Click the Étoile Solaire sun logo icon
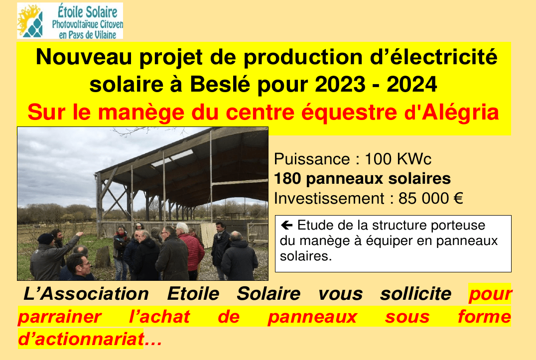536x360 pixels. [x=30, y=21]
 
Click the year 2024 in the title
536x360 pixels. [x=411, y=84]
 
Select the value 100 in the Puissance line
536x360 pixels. [x=378, y=159]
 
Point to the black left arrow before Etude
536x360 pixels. [x=286, y=225]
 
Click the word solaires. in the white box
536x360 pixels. [x=305, y=256]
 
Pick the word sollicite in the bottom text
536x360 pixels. [x=415, y=294]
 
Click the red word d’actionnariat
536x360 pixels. [x=81, y=339]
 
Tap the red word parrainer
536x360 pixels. [x=59, y=317]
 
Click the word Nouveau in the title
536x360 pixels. [x=84, y=57]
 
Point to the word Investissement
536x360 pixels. [x=329, y=199]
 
